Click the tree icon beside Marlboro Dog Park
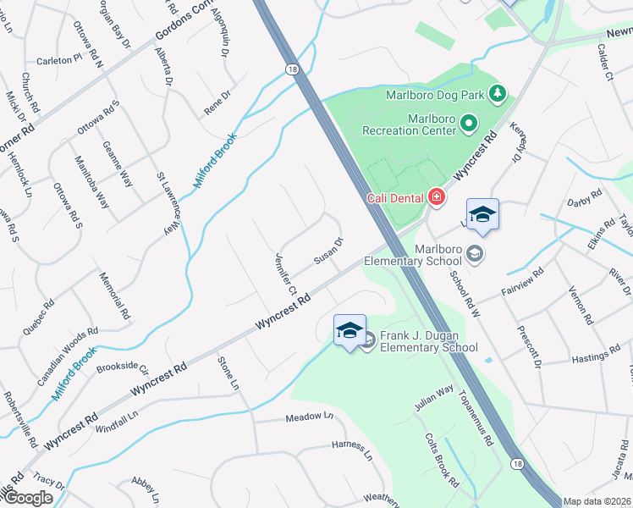click(499, 92)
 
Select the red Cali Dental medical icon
click(437, 198)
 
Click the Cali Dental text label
click(396, 198)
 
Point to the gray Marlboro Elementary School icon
click(475, 253)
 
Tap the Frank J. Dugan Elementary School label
click(428, 341)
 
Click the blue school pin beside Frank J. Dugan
click(350, 330)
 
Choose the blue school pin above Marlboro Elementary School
click(482, 215)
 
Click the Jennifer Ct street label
click(284, 273)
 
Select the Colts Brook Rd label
click(443, 460)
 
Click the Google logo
click(28, 498)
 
